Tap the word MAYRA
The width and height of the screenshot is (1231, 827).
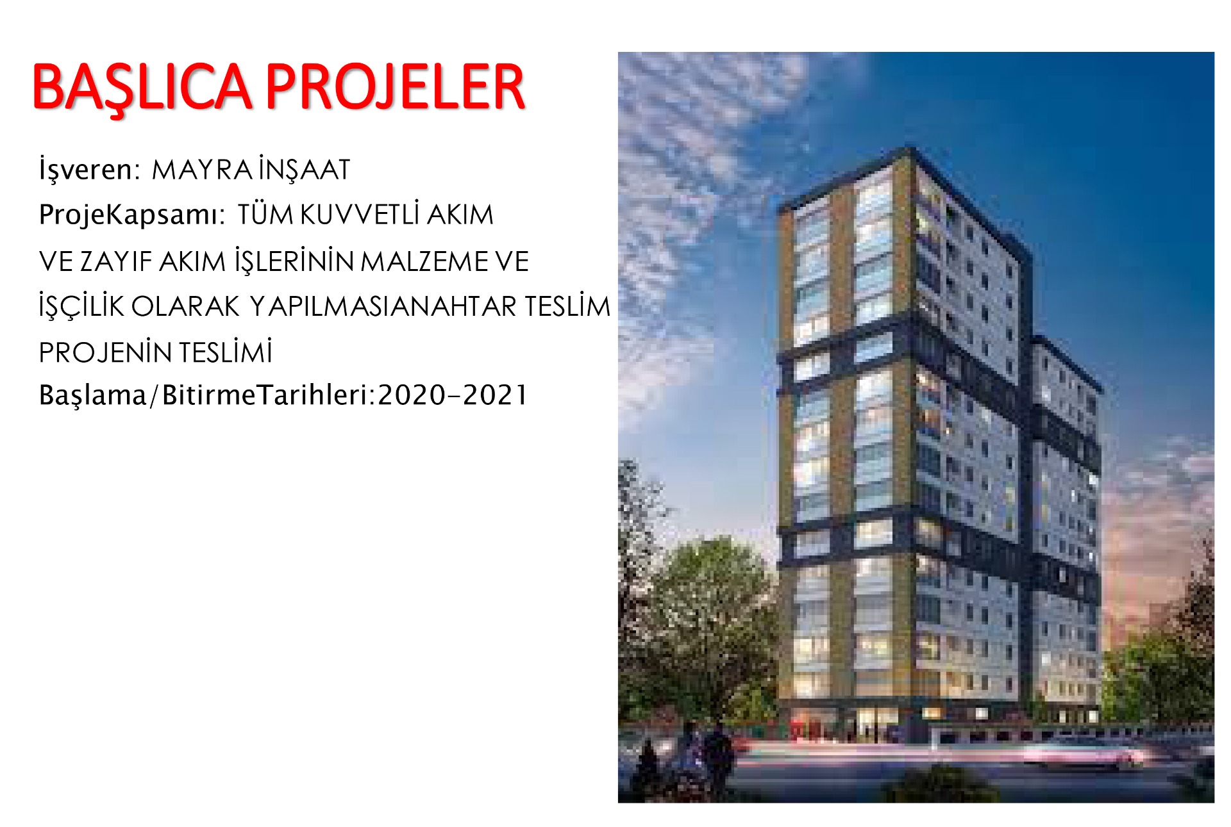click(x=202, y=170)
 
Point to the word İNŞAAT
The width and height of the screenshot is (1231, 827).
click(x=305, y=170)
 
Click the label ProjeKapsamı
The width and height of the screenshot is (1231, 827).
click(x=132, y=215)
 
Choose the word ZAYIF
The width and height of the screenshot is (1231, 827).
click(x=116, y=261)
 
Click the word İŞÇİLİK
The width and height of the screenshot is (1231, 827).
click(x=81, y=307)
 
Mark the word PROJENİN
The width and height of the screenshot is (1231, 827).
click(x=105, y=352)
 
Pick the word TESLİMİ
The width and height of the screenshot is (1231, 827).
click(x=225, y=352)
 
